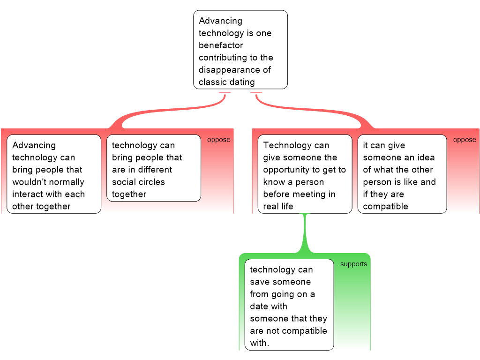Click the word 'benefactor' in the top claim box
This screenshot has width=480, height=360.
pos(221,45)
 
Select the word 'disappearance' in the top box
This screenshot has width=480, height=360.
pos(228,70)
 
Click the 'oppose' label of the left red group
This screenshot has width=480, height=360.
pos(218,140)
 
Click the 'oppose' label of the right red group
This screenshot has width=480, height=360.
pos(464,140)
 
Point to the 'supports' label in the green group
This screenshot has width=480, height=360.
pos(353,264)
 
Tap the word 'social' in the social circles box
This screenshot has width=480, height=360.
pos(124,182)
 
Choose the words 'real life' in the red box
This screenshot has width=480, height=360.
pos(278,206)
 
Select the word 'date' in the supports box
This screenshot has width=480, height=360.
pos(259,306)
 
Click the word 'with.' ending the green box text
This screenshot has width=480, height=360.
pos(260,343)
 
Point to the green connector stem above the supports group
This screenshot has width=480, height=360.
pos(305,234)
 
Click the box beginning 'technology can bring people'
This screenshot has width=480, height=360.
pos(154,168)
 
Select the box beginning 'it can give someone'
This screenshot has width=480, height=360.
pos(402,174)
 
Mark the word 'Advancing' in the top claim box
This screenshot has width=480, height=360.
pos(220,21)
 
